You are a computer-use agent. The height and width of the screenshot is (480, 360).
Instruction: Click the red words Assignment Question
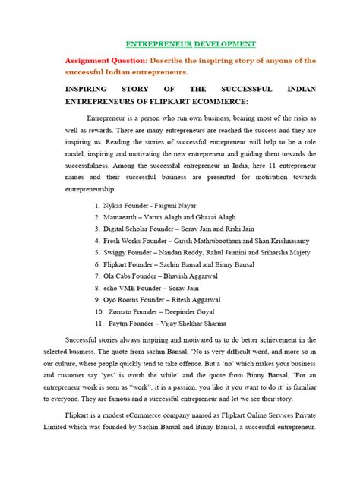click(x=109, y=59)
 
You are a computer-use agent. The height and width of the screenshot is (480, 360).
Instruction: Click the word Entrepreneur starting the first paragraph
click(x=108, y=120)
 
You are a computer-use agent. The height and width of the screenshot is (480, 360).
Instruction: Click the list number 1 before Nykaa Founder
click(x=98, y=205)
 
